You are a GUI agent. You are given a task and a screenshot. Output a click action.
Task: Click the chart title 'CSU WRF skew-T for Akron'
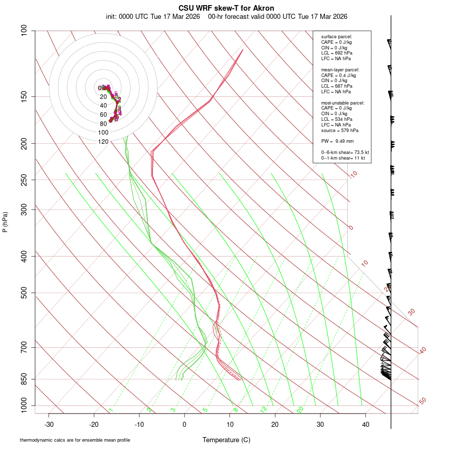226,8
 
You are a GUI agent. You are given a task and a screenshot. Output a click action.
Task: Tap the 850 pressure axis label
24,379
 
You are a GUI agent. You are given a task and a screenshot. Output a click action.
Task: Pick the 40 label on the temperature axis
365,424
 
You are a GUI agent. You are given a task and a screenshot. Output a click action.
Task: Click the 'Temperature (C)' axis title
226,440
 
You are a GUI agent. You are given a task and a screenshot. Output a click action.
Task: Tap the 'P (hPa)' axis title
5,222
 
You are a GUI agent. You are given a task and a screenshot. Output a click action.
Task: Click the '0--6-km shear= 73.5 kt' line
345,152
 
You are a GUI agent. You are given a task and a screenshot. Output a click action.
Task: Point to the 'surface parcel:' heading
337,37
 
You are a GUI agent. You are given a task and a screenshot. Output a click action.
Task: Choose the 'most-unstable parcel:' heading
343,103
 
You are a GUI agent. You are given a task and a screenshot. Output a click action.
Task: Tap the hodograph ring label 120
103,142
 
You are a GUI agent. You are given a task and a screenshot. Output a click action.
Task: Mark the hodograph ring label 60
103,115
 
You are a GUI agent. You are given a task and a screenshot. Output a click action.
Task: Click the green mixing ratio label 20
300,409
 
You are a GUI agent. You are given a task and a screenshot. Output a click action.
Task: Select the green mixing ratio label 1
111,410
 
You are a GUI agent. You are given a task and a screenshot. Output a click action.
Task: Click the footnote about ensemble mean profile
75,440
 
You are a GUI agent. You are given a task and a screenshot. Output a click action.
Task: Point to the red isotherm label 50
422,401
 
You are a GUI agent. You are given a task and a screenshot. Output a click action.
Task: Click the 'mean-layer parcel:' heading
340,70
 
